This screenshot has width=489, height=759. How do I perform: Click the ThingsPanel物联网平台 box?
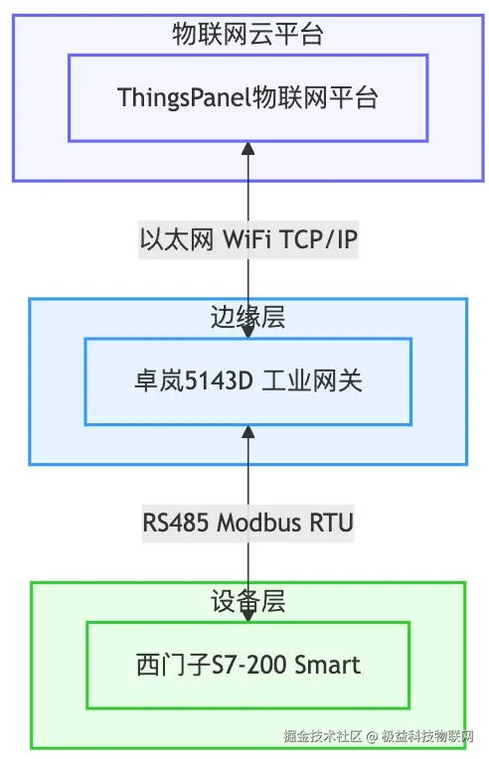[x=247, y=97]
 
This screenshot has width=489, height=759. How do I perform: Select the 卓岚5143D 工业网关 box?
[x=247, y=380]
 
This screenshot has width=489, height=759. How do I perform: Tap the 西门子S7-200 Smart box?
[x=247, y=664]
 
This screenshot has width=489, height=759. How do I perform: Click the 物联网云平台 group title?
[x=247, y=37]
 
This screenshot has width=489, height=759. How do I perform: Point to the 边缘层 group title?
[x=247, y=320]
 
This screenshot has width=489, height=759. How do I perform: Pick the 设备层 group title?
[x=247, y=603]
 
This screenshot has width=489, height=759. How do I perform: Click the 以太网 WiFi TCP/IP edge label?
[x=247, y=239]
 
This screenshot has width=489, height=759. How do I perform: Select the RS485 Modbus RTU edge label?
[x=247, y=523]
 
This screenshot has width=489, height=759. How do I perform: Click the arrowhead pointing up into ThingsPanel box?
[x=248, y=149]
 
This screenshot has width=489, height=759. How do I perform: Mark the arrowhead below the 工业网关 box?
[x=248, y=432]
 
